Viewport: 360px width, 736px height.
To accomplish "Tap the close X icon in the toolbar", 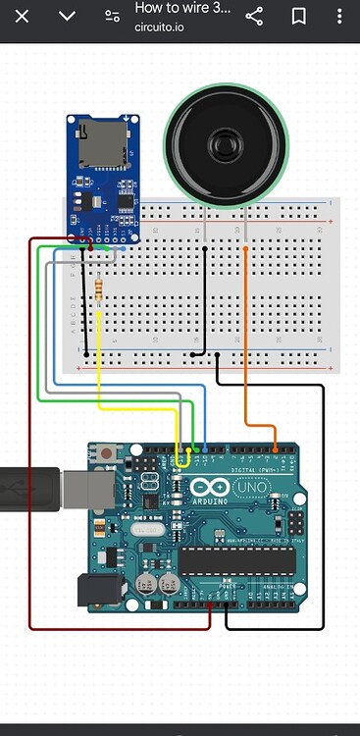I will point(22,16).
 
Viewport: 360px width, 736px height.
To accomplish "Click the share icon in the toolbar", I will point(254,16).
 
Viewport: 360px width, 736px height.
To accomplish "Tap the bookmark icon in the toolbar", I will point(299,16).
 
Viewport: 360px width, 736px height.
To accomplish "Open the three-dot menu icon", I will point(338,16).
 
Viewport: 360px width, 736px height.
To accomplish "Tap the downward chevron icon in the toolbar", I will point(67,16).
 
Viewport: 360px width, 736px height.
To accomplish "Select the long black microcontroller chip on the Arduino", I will point(235,560).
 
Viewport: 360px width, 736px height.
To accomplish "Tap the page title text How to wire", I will point(182,8).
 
